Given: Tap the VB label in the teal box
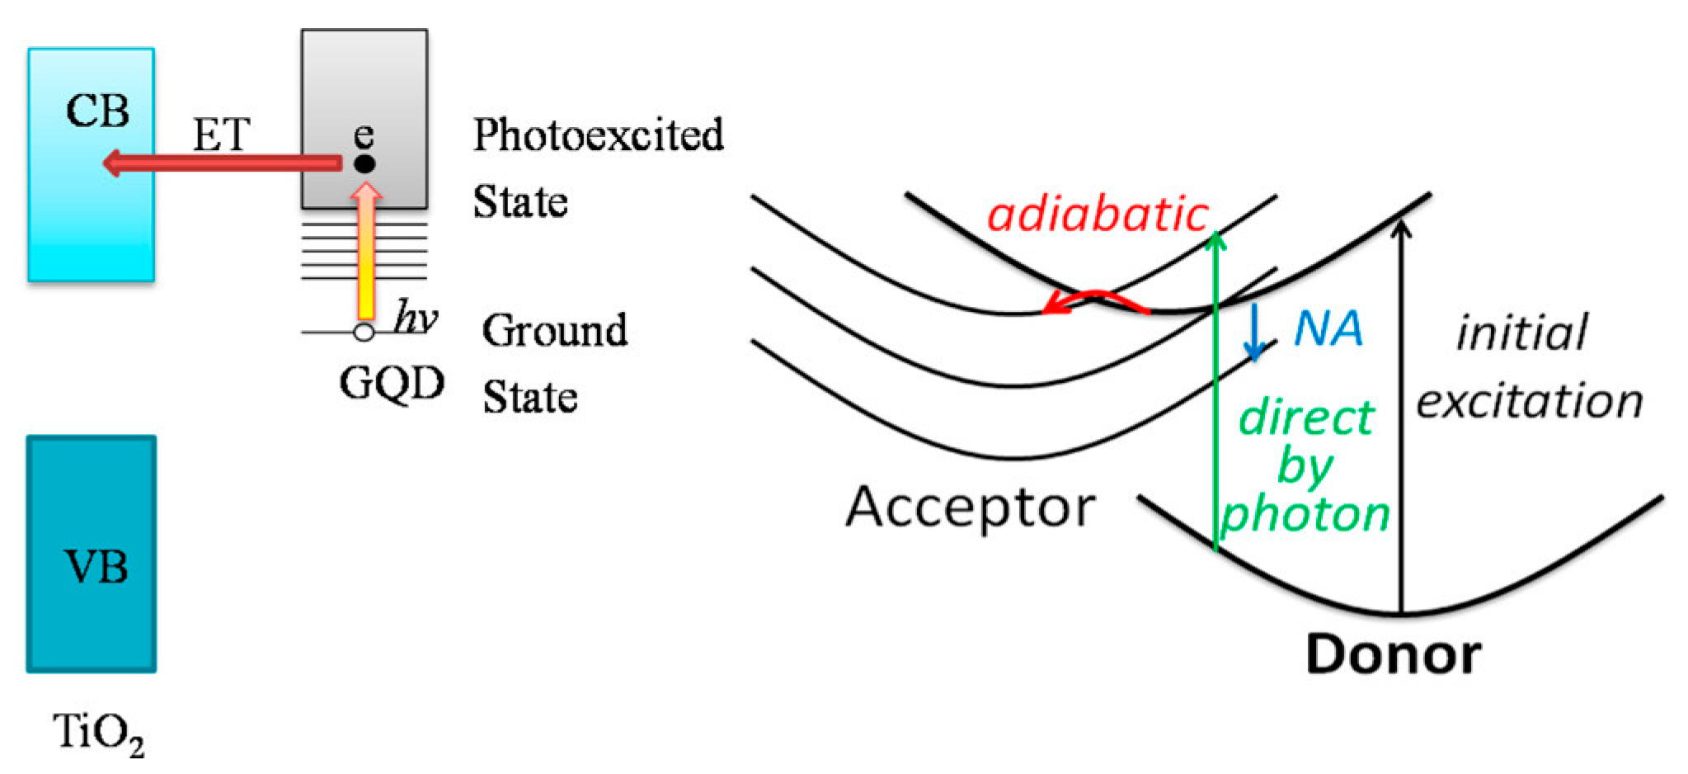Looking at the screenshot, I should pyautogui.click(x=96, y=568).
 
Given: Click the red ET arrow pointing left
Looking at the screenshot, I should pyautogui.click(x=223, y=163).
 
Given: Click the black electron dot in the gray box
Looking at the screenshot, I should pyautogui.click(x=364, y=163).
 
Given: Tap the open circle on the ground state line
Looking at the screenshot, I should pyautogui.click(x=364, y=333).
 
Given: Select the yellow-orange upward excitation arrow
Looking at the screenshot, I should pyautogui.click(x=364, y=256).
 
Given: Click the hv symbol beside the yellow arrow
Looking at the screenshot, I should pyautogui.click(x=415, y=318).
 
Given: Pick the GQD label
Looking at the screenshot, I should pyautogui.click(x=393, y=383).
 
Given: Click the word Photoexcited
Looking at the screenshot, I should pyautogui.click(x=598, y=135).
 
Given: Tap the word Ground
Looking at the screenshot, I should pyautogui.click(x=554, y=331).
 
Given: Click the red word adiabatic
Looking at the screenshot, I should pyautogui.click(x=1098, y=215).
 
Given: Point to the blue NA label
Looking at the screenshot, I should pyautogui.click(x=1328, y=329).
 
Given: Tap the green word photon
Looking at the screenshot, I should pyautogui.click(x=1305, y=514).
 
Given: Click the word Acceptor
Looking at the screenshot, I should pyautogui.click(x=971, y=506).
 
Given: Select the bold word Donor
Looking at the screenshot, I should pyautogui.click(x=1394, y=655).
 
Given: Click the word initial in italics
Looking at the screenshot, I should pyautogui.click(x=1521, y=334).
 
